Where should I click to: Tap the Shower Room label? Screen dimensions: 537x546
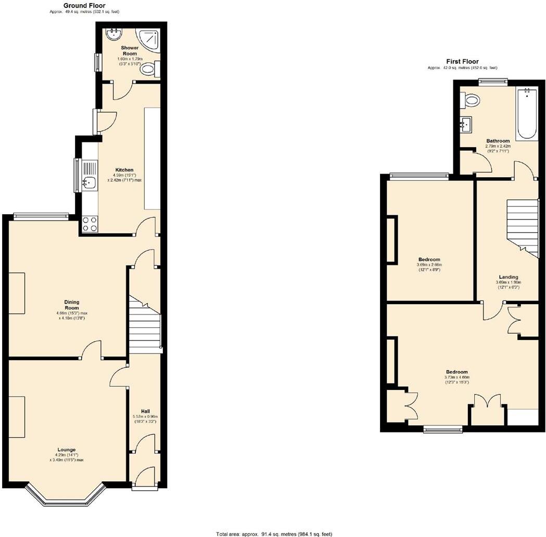(130, 50)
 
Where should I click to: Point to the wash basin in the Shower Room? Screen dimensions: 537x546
(113, 34)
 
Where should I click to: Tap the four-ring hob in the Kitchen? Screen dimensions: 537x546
(90, 224)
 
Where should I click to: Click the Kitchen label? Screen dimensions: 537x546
(125, 170)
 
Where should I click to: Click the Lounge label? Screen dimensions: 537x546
(67, 450)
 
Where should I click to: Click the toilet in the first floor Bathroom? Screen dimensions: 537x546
(472, 100)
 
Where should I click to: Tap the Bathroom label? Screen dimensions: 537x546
(498, 141)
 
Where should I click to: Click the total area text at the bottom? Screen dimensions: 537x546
(274, 534)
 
